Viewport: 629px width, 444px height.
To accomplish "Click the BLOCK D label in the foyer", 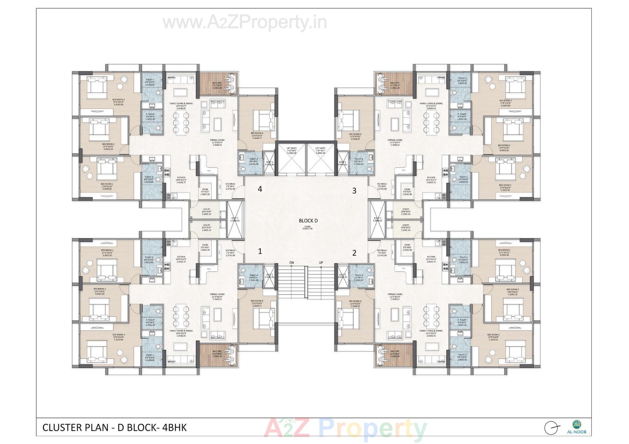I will [308, 221].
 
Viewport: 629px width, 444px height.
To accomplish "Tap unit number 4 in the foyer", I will [260, 189].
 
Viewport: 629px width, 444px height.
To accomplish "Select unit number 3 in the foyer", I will [354, 191].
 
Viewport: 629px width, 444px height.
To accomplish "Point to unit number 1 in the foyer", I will [260, 251].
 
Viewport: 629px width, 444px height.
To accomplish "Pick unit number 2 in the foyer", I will [354, 253].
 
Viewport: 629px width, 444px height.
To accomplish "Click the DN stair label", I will [292, 263].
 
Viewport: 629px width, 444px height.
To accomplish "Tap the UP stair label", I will [321, 263].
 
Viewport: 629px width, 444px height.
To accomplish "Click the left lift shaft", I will [291, 159].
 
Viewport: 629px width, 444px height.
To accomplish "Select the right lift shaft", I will [320, 159].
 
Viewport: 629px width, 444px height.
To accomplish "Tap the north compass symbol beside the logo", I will [551, 428].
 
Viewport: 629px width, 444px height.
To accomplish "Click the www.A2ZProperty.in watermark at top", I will [245, 23].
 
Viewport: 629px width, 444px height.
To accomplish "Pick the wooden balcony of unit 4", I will [217, 83].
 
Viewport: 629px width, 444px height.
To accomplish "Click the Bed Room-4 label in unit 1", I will [257, 301].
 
